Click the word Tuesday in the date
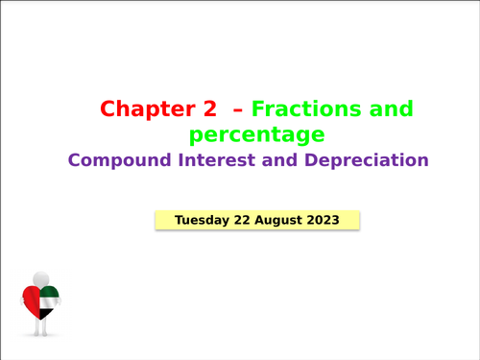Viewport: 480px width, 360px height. [x=201, y=220]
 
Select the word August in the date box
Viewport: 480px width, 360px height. [x=278, y=220]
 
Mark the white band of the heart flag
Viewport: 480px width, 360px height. [x=49, y=303]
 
